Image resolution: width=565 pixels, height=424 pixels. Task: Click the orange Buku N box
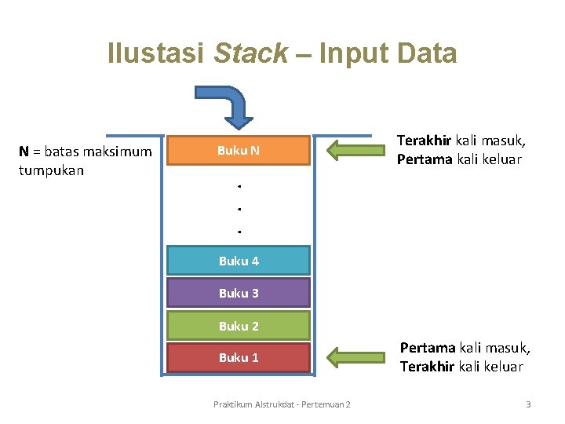[x=239, y=151]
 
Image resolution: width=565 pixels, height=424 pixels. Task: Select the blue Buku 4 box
[x=239, y=261]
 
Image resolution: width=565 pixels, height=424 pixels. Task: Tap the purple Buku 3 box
[x=239, y=293]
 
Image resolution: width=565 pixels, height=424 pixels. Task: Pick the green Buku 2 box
[x=239, y=326]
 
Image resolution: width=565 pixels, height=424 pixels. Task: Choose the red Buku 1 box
[x=239, y=357]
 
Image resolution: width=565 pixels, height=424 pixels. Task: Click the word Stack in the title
[x=251, y=53]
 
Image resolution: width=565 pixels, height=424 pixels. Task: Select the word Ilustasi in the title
[x=156, y=53]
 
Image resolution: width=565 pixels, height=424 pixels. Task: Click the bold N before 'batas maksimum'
[x=24, y=151]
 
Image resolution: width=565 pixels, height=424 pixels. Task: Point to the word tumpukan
[x=51, y=169]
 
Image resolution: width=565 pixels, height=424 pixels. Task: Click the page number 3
[x=528, y=404]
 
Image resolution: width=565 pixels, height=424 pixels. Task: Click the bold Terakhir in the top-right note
[x=424, y=141]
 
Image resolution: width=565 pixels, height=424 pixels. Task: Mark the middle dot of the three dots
[x=238, y=209]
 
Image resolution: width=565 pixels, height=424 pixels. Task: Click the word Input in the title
[x=346, y=53]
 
